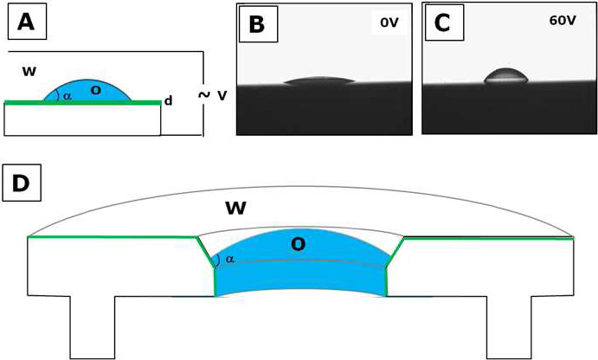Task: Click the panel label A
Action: pos(27,22)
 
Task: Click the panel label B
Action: pos(256,24)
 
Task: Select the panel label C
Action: pos(441,22)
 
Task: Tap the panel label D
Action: pos(22,182)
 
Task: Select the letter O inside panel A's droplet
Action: pos(95,90)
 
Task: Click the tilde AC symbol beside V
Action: pos(204,94)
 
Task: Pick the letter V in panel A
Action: pos(222,95)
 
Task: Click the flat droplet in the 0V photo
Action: pos(318,82)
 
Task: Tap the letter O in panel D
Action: pos(298,245)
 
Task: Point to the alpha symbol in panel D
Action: pos(229,259)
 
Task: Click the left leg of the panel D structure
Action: pos(92,325)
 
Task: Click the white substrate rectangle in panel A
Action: pos(82,120)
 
